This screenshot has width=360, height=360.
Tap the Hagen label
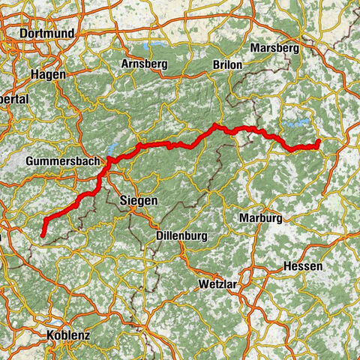click(49, 75)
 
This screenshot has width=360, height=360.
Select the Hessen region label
click(303, 267)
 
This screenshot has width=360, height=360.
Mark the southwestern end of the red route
click(43, 235)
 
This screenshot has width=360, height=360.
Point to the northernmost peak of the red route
click(215, 124)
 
